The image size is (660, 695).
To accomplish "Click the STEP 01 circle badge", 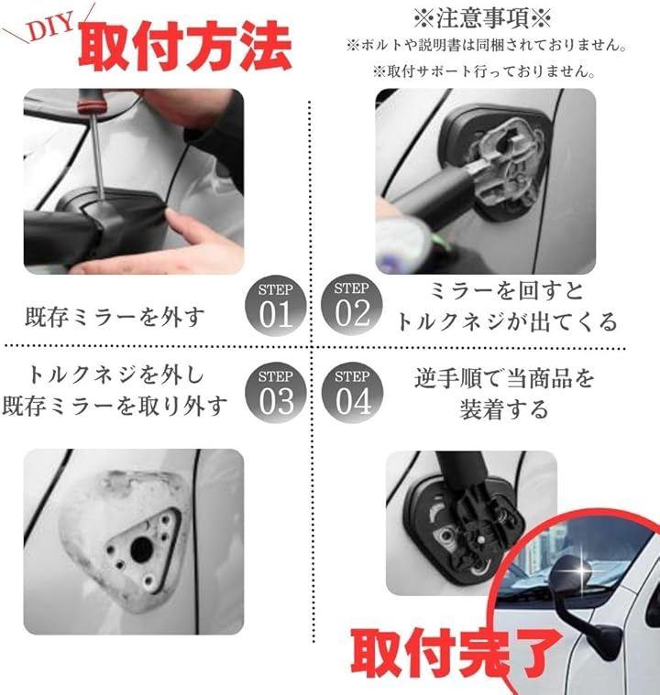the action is (276, 305).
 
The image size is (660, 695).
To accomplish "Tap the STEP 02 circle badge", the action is (352, 305).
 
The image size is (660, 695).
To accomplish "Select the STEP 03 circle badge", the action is (276, 393).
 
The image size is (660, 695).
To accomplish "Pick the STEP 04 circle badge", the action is (352, 393).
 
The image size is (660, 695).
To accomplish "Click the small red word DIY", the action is (51, 27).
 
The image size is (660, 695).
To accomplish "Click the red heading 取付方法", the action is (184, 46).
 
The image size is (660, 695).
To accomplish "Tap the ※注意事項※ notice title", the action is (483, 18).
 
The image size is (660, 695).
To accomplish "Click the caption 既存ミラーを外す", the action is (115, 317).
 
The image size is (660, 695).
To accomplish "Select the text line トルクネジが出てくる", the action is (506, 322).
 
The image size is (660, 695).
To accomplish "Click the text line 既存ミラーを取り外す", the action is (115, 406).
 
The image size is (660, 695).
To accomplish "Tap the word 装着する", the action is (504, 408).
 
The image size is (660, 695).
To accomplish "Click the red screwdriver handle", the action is (89, 101).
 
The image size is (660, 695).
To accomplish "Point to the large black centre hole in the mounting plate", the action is (141, 548).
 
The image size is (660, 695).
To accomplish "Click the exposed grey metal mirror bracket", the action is (506, 167).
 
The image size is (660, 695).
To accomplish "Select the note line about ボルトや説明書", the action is (487, 45).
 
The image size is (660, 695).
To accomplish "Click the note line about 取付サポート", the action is (484, 71).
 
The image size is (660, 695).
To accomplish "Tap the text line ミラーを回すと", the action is (506, 291).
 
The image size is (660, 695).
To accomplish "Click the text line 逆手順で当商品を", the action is (504, 378).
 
